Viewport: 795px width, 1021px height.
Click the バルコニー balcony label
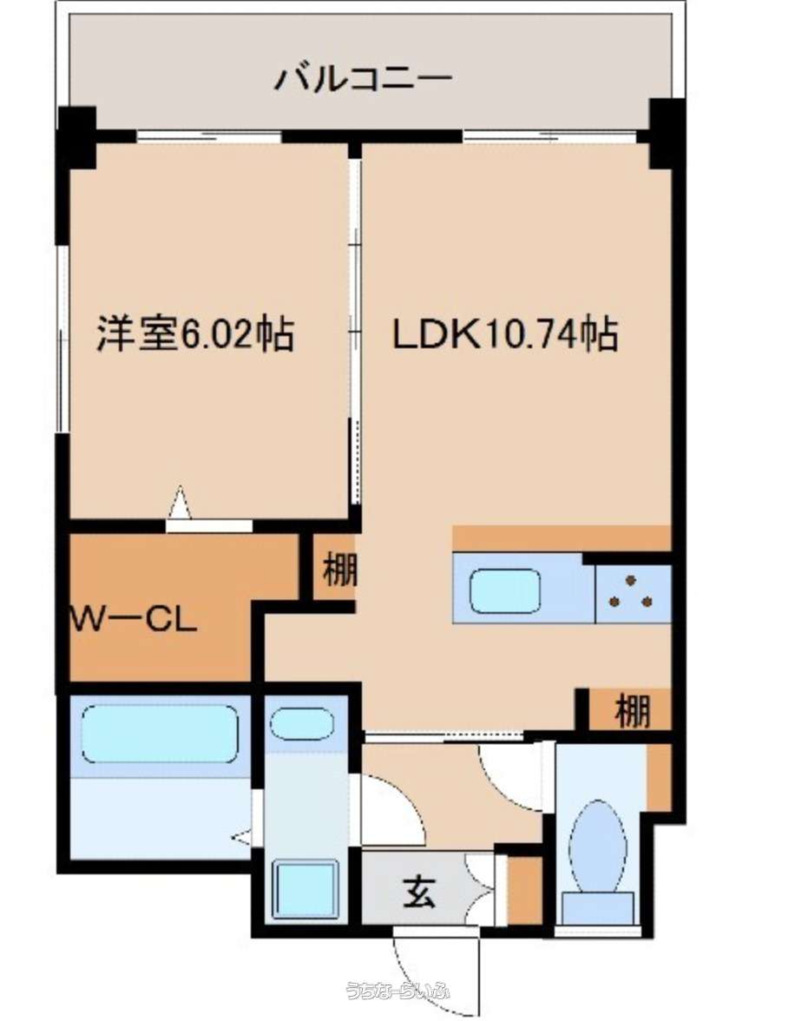pos(363,80)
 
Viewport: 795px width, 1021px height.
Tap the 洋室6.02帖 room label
pos(195,333)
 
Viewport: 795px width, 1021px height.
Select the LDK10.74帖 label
pos(504,333)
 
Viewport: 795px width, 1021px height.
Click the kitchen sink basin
pos(505,591)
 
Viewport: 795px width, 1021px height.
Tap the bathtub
pos(161,733)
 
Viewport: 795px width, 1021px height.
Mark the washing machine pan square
pos(306,889)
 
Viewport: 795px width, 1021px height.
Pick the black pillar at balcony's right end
pos(666,134)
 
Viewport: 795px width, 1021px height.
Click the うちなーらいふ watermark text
pos(397,991)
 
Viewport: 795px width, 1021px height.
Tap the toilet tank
pos(598,908)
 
